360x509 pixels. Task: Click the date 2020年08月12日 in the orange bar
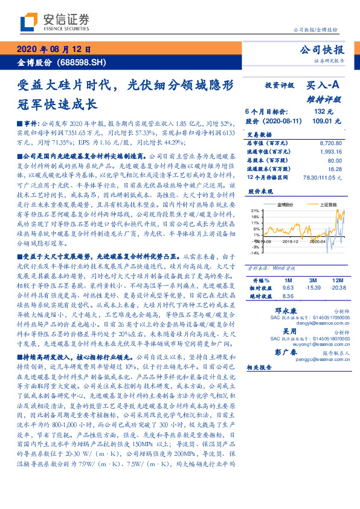[x=53, y=50]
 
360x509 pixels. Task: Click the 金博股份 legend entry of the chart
[x=286, y=205]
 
